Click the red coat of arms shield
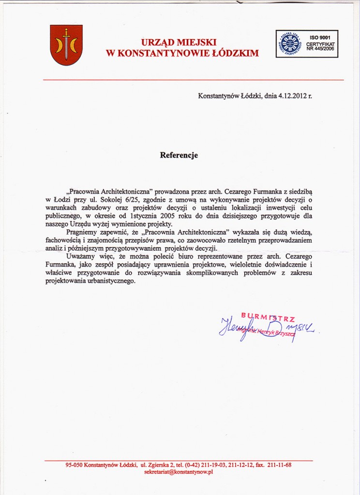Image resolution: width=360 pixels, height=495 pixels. [x=66, y=45]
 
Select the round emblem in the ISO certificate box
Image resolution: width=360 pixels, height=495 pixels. [x=290, y=44]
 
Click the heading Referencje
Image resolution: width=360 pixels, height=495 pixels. [x=179, y=156]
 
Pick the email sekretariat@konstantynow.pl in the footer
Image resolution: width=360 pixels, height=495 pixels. [x=179, y=472]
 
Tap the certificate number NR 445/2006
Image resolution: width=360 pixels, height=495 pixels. [x=320, y=49]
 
